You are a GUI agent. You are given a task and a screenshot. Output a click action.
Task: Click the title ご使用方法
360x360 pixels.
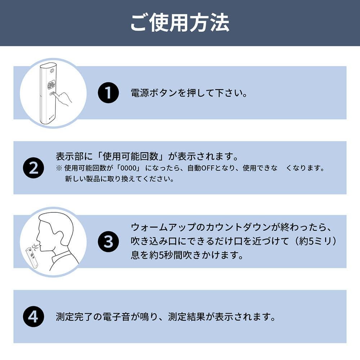click(180, 23)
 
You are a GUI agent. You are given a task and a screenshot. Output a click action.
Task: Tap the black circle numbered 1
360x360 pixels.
click(108, 93)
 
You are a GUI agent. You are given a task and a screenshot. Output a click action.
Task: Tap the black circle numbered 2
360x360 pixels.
click(33, 167)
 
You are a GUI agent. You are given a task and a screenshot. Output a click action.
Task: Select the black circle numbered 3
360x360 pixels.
click(108, 242)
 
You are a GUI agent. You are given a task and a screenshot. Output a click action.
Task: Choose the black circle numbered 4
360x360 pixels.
click(33, 316)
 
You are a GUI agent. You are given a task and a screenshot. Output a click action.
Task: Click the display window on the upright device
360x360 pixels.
click(51, 85)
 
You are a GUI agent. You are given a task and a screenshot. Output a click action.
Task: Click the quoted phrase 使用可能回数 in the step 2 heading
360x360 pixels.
click(130, 157)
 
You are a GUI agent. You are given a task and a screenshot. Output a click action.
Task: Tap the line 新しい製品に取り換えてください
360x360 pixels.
click(119, 179)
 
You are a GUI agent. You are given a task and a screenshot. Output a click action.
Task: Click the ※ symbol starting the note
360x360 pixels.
click(59, 168)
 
